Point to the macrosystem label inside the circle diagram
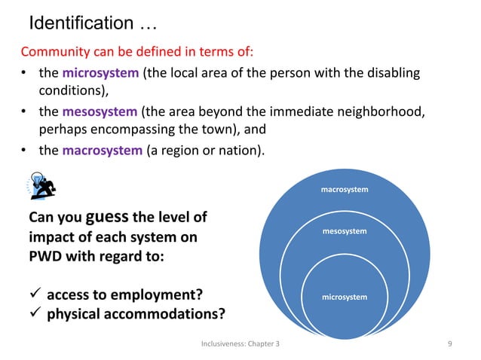point(345,189)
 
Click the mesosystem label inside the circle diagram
point(345,230)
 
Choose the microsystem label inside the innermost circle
point(345,297)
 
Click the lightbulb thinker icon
point(44,185)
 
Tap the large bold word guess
point(112,218)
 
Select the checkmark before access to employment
point(35,294)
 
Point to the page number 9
point(449,343)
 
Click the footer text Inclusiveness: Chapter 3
point(240,343)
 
